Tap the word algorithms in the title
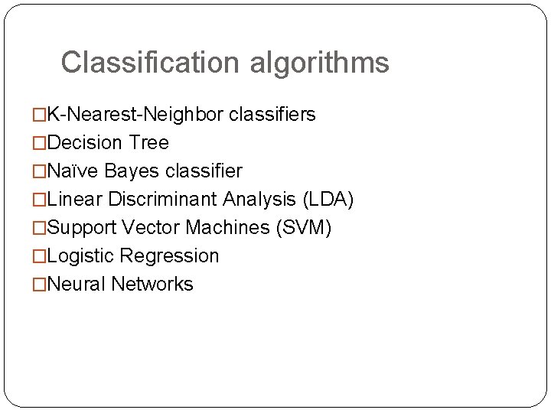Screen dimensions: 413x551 click(319, 63)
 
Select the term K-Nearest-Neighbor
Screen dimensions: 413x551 click(135, 115)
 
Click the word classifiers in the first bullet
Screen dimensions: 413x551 click(272, 115)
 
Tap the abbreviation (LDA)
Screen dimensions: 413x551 click(328, 200)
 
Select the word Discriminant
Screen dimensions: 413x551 click(163, 200)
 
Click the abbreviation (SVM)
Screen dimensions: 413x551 click(306, 228)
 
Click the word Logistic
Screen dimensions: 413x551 click(81, 256)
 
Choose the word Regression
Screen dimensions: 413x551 click(170, 256)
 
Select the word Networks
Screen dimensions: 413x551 click(152, 285)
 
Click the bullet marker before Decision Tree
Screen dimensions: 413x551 click(39, 144)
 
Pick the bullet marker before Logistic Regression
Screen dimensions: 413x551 click(39, 257)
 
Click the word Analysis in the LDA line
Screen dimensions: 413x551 click(260, 200)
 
